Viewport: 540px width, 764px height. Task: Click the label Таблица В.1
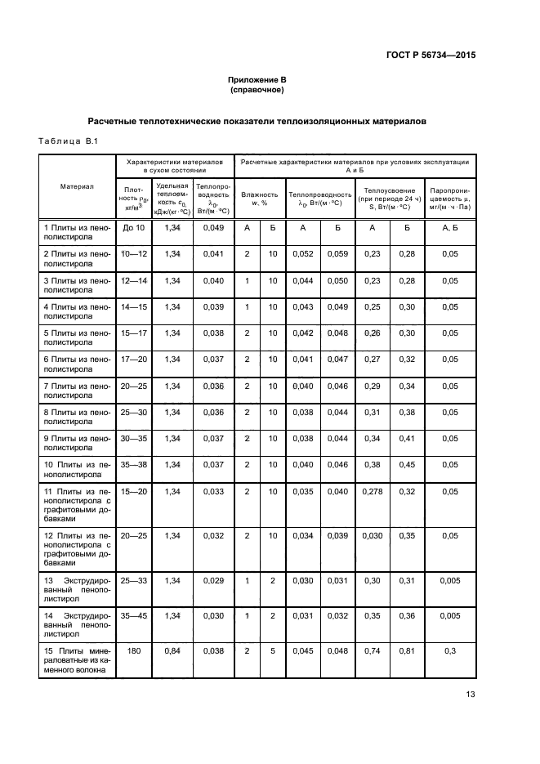[x=68, y=142]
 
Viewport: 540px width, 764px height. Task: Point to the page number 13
[x=470, y=695]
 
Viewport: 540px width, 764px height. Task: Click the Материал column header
[x=77, y=186]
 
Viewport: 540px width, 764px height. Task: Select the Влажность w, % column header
[x=260, y=199]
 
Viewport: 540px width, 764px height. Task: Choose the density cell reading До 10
[x=134, y=227]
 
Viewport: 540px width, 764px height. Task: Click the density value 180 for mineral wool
[x=134, y=652]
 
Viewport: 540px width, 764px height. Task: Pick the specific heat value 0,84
[x=172, y=652]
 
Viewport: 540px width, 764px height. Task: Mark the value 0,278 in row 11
[x=372, y=492]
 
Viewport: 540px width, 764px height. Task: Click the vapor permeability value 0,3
[x=450, y=652]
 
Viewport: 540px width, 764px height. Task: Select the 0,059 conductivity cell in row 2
[x=337, y=254]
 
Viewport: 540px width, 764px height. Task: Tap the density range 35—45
[x=134, y=616]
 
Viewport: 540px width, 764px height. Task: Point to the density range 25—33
[x=134, y=580]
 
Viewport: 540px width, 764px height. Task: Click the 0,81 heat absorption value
[x=406, y=652]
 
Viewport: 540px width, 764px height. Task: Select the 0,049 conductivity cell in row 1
[x=212, y=227]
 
